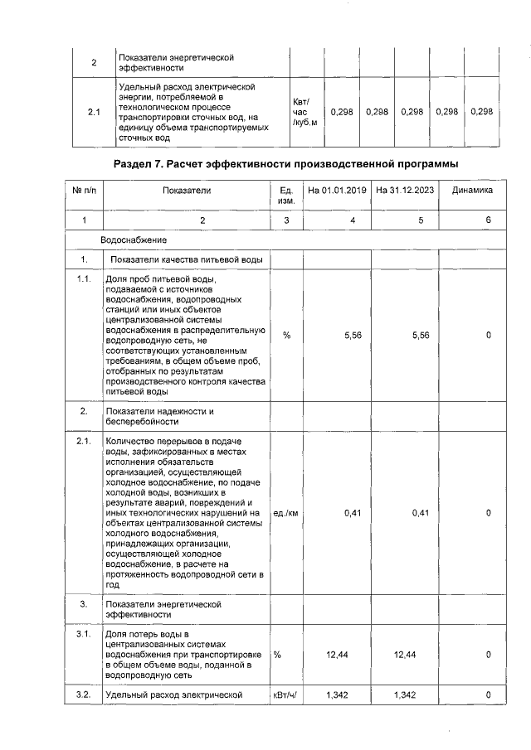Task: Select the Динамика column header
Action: pyautogui.click(x=472, y=191)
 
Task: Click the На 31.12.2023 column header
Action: pyautogui.click(x=404, y=191)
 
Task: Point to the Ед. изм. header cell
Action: pyautogui.click(x=286, y=196)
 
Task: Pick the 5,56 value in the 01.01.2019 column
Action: pyautogui.click(x=356, y=335)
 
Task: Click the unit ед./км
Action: pyautogui.click(x=285, y=513)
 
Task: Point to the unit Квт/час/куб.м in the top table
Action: pyautogui.click(x=304, y=112)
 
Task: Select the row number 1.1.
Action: pyautogui.click(x=84, y=278)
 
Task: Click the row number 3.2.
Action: pyautogui.click(x=84, y=694)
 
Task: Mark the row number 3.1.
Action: pyautogui.click(x=84, y=634)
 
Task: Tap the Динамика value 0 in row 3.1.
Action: pyautogui.click(x=489, y=655)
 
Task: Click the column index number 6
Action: pyautogui.click(x=489, y=220)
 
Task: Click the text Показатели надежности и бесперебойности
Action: pyautogui.click(x=160, y=416)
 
